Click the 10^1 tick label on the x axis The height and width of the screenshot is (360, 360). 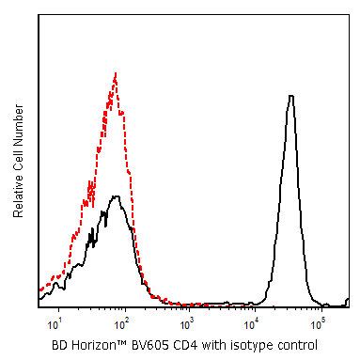pos(55,324)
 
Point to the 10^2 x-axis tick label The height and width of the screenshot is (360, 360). pos(120,324)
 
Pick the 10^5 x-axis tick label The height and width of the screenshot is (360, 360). pos(318,324)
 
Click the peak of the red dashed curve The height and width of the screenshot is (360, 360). pos(116,73)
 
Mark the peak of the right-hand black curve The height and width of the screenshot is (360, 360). pos(291,96)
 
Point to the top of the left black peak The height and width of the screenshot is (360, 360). pos(117,196)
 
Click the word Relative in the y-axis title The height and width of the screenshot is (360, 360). pos(19,196)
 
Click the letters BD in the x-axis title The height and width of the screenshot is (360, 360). pos(59,345)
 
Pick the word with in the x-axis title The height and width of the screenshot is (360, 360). pos(214,345)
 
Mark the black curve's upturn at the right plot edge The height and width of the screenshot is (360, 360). pos(347,301)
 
